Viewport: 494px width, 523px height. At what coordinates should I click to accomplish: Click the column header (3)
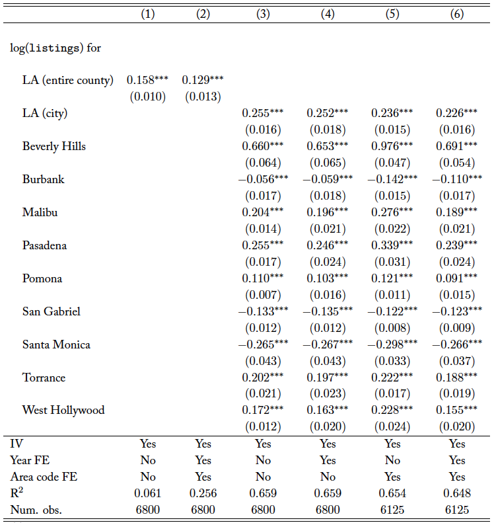click(263, 14)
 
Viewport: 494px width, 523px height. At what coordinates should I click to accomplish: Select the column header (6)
click(457, 14)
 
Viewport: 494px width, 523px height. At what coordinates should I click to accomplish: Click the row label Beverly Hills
click(53, 146)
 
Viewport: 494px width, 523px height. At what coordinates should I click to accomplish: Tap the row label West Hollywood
click(63, 410)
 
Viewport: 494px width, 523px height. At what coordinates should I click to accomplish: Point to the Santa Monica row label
click(56, 344)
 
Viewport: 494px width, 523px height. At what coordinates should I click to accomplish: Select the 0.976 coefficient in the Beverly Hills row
click(392, 146)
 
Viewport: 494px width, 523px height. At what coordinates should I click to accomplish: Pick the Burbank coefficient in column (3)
click(263, 179)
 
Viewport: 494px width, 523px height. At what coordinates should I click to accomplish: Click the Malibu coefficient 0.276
click(392, 212)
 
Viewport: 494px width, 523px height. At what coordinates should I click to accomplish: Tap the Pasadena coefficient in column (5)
click(392, 245)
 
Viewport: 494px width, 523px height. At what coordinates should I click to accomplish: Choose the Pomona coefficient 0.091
click(457, 278)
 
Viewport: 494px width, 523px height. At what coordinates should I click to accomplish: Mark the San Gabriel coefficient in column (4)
click(328, 311)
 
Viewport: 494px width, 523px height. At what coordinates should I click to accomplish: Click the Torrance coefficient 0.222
click(392, 378)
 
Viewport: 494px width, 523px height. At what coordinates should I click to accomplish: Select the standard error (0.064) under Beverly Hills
click(263, 163)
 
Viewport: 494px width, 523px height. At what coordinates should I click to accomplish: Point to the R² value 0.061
click(148, 493)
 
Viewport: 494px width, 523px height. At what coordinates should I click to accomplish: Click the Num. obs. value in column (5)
click(392, 510)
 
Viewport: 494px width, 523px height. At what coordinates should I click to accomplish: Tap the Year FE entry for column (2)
click(203, 460)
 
